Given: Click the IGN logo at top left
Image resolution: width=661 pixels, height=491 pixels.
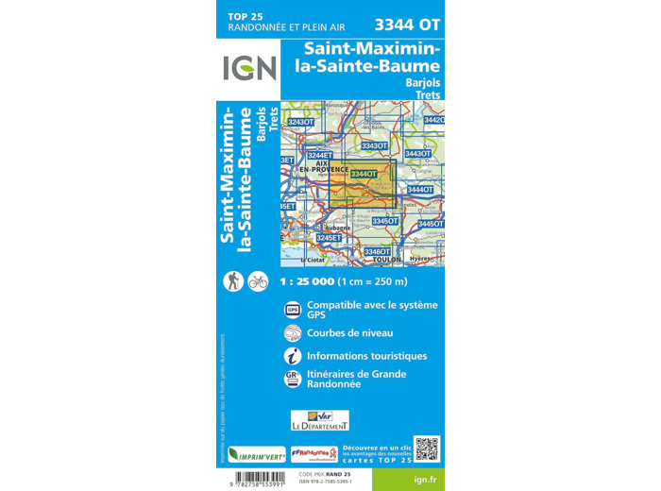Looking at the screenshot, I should (x=249, y=68).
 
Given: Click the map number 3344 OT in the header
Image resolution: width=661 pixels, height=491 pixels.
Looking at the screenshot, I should (x=408, y=25).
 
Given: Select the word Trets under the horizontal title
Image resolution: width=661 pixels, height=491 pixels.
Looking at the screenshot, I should (x=426, y=95).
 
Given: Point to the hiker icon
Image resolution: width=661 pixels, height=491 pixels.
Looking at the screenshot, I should (x=232, y=280).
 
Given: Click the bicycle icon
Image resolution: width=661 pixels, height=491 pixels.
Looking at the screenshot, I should (x=258, y=280).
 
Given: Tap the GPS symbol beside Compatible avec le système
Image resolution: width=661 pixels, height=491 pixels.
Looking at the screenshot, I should (x=292, y=310).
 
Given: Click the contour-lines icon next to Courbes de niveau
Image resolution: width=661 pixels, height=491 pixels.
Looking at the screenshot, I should (x=292, y=333).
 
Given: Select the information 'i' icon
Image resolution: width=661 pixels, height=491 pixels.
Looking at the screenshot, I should (x=292, y=356).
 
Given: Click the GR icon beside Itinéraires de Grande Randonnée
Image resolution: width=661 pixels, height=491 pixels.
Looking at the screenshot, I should (x=292, y=380).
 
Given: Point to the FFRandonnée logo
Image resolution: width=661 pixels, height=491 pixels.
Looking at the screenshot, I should (x=314, y=453).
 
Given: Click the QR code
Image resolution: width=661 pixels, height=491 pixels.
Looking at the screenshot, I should (x=427, y=449).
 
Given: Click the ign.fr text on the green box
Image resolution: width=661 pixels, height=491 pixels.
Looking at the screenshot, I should (x=425, y=479).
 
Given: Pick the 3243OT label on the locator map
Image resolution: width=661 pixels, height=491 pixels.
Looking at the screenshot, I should (x=300, y=122).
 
